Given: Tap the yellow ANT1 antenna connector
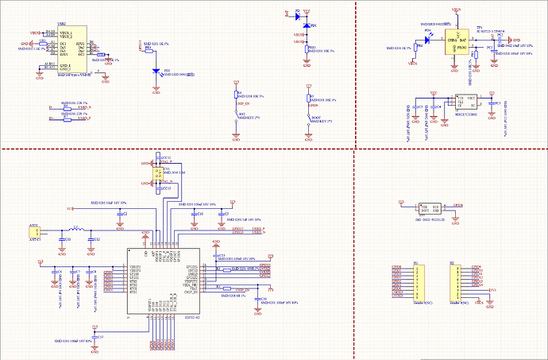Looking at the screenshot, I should pyautogui.click(x=35, y=234).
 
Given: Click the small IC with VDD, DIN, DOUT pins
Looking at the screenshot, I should pyautogui.click(x=430, y=207).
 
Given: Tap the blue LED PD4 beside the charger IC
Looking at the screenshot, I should pyautogui.click(x=427, y=40).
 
